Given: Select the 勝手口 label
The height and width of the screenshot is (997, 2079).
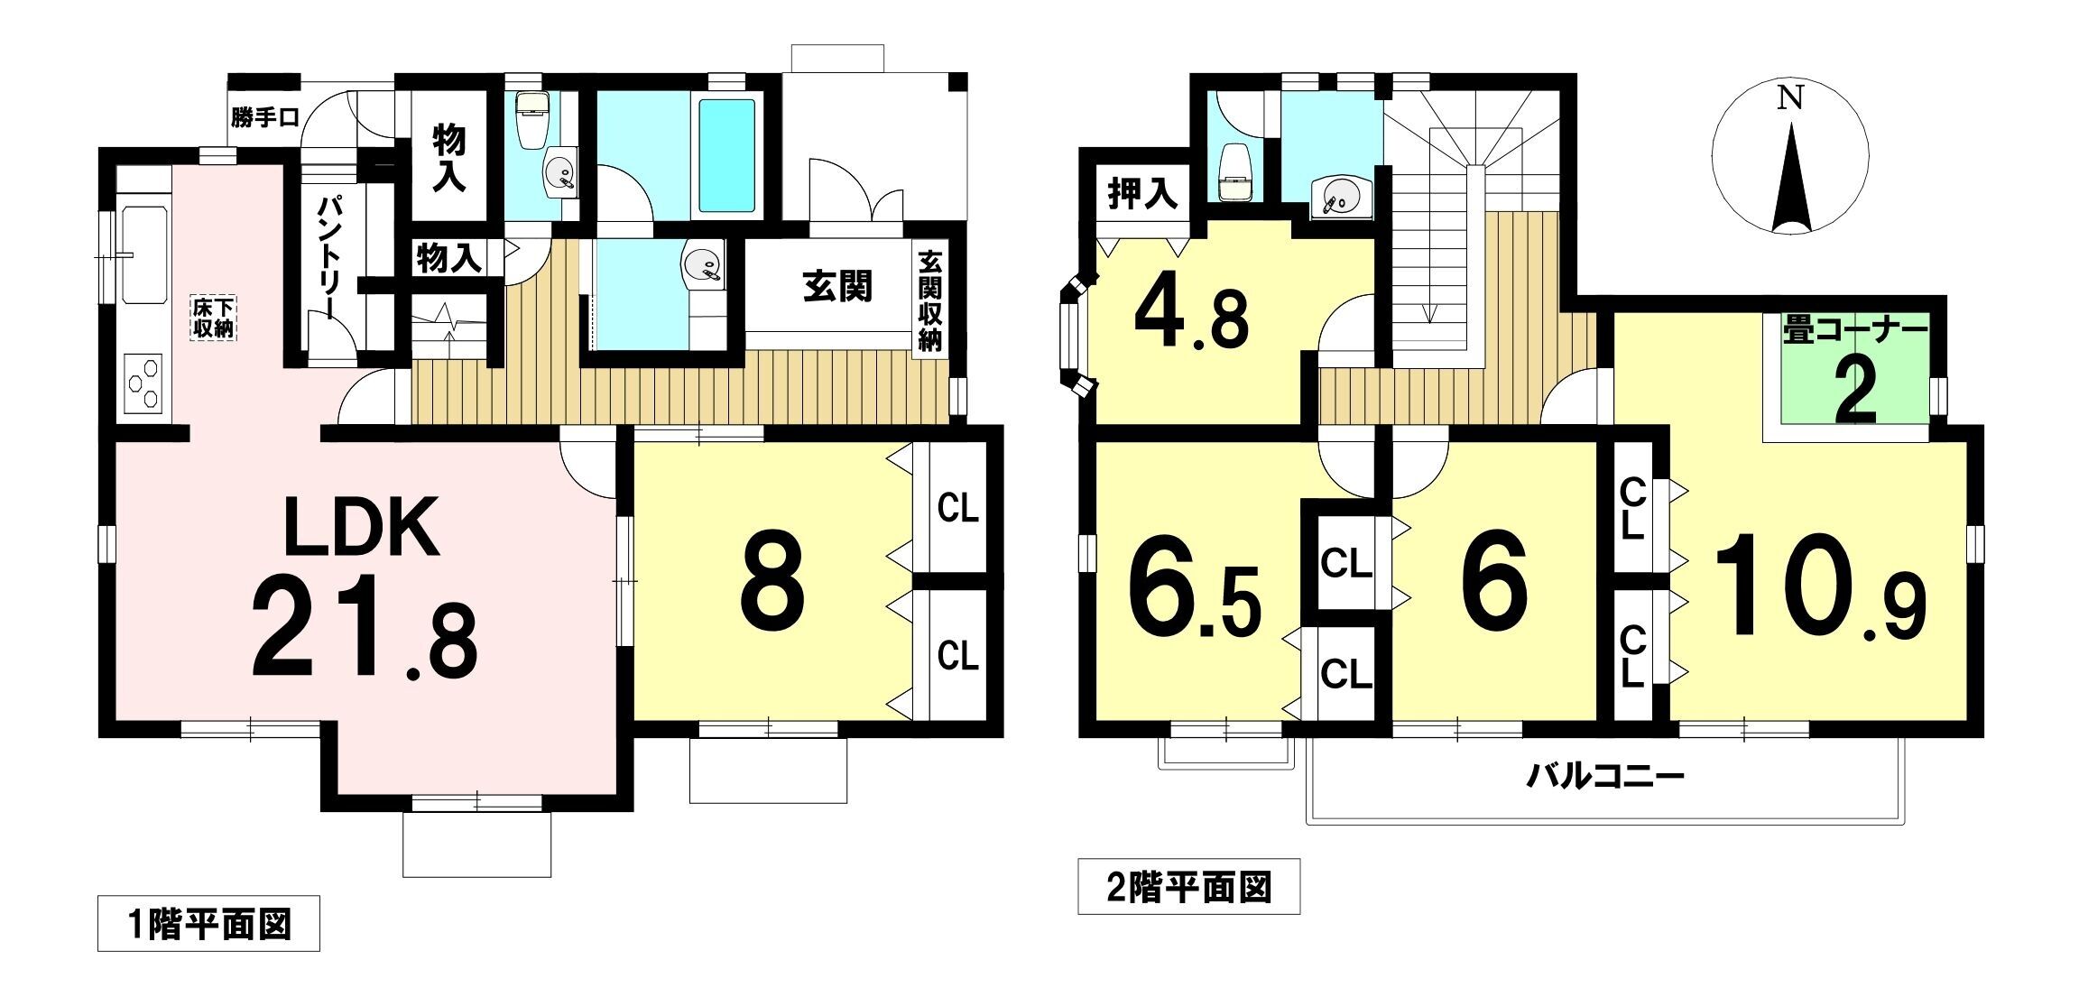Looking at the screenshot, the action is coord(264,118).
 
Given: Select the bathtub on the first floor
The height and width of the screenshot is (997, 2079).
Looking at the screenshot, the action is coord(726,155).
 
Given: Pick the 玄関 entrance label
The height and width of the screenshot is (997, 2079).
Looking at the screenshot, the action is coord(837,287).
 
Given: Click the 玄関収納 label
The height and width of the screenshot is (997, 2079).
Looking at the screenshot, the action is coord(929,301).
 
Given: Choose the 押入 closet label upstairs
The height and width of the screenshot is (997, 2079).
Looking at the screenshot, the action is coord(1142,194).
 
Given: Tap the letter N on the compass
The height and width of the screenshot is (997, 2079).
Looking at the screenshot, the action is coord(1789,97).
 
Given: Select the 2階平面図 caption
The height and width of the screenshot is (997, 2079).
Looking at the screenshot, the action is coord(1188,888).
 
